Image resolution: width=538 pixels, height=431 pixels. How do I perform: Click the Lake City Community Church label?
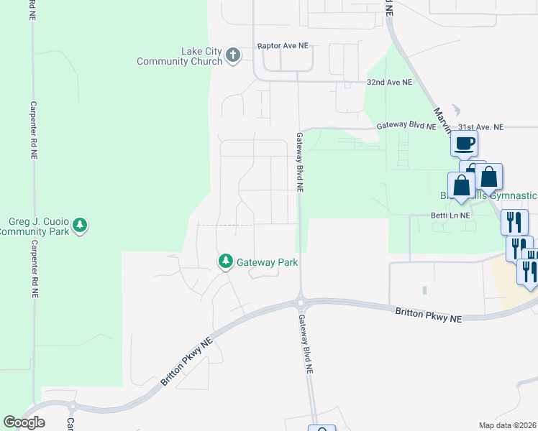180,56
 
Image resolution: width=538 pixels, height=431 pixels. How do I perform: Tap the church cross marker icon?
232,55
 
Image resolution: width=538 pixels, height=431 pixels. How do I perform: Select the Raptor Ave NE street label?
283,45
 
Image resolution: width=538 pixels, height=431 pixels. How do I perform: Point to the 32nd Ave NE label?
390,83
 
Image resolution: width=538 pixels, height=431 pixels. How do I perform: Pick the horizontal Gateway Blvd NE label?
406,126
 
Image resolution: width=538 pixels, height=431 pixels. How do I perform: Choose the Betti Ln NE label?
450,215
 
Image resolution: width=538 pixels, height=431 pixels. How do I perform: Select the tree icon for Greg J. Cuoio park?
81,226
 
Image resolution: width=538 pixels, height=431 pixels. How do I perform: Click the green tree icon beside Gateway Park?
226,261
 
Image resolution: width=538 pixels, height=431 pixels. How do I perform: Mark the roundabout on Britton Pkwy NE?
301,300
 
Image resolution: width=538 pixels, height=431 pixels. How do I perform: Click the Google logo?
24,422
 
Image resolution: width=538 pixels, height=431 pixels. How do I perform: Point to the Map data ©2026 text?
508,425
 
